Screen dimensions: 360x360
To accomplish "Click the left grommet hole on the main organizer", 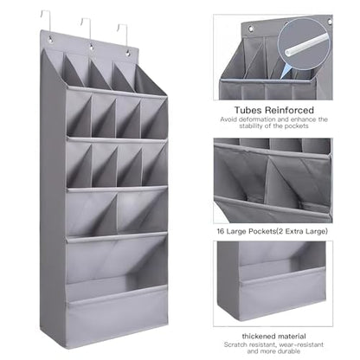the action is (x=50, y=39).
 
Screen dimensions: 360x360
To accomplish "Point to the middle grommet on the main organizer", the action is (x=92, y=46).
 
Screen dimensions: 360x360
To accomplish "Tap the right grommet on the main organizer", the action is (x=128, y=53).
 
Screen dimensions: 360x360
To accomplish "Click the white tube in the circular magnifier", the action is (x=306, y=45).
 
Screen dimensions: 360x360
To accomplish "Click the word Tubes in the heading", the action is (x=247, y=110).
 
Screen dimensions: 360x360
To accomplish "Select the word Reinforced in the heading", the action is (x=289, y=110).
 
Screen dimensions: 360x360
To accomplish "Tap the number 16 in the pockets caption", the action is (x=221, y=231).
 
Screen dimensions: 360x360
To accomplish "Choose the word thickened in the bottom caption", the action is (x=258, y=337).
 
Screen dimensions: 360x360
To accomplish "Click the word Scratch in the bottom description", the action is (x=235, y=344).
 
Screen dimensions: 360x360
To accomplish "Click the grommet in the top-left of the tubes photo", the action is (x=251, y=29).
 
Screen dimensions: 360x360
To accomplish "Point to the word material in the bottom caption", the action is (x=291, y=337).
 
